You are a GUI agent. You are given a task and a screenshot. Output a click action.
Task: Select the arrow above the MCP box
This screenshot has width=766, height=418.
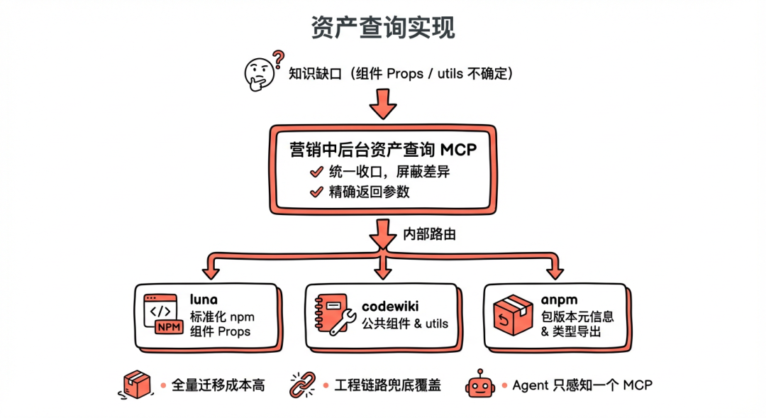tap(383, 104)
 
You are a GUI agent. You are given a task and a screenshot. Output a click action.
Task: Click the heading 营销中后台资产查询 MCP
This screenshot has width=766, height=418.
tap(382, 150)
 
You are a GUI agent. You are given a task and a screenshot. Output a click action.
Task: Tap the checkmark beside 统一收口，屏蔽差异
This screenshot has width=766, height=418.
tap(316, 172)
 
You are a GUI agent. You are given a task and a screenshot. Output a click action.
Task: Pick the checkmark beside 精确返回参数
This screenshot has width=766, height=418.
tap(316, 192)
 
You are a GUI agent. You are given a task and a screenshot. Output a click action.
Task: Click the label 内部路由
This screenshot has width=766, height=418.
tap(429, 234)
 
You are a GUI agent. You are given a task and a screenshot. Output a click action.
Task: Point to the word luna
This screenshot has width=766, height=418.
tap(204, 300)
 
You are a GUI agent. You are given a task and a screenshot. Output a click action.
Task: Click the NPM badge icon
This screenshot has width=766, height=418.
tap(169, 326)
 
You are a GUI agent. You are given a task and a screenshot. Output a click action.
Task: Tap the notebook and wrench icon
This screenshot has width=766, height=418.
tap(333, 316)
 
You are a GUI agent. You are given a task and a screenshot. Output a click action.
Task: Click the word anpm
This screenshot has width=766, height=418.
tap(560, 300)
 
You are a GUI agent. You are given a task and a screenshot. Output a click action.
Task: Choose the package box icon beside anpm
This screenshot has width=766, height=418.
tap(513, 316)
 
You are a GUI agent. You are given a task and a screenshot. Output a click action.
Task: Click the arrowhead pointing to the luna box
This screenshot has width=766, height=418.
tap(211, 272)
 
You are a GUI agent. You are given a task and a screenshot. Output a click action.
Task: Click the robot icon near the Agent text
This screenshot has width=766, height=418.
tap(479, 385)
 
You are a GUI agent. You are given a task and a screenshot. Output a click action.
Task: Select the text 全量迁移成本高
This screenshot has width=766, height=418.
tap(218, 385)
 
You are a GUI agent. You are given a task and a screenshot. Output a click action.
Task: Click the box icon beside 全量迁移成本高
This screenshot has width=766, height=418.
tap(138, 385)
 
